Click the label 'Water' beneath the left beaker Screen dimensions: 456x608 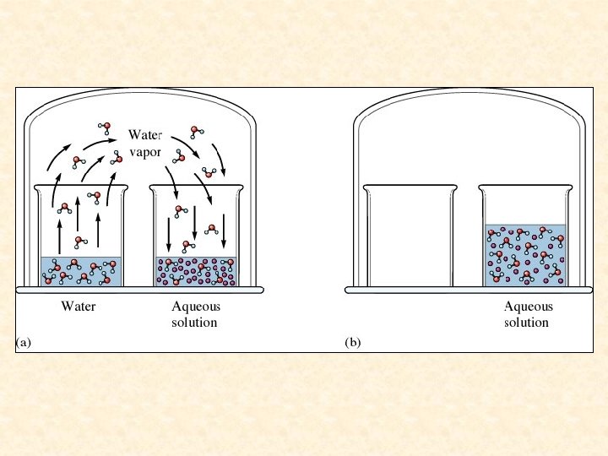[x=79, y=307]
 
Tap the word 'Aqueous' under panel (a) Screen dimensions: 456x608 [x=194, y=307]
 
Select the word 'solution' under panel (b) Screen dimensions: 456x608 [x=527, y=323]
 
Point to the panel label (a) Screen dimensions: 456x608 [x=24, y=343]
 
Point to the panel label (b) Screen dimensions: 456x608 [x=353, y=343]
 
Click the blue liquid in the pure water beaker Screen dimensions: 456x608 [x=81, y=270]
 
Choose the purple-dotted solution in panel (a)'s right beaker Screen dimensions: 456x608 [x=196, y=270]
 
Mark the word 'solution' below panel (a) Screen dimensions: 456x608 [x=194, y=323]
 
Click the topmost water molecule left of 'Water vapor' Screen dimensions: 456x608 [x=105, y=128]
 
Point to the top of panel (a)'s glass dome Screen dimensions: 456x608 [x=139, y=94]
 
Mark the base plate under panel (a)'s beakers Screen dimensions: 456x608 [x=139, y=290]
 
